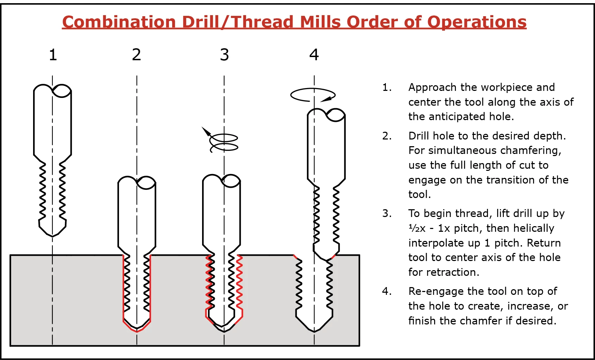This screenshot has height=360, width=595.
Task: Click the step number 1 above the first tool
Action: point(53,55)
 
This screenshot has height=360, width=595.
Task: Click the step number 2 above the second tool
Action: point(137,55)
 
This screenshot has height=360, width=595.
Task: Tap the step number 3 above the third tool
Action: point(224,55)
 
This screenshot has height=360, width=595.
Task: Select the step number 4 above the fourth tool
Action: point(314,55)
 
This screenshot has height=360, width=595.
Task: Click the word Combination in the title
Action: point(119,22)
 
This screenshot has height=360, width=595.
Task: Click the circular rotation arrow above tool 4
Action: point(313,95)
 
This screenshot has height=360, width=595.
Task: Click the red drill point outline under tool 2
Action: point(137,330)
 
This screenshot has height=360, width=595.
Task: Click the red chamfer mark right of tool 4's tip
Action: point(333,256)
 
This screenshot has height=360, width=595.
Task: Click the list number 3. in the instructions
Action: point(387,213)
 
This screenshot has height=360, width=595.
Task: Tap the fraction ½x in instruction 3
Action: point(417,228)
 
